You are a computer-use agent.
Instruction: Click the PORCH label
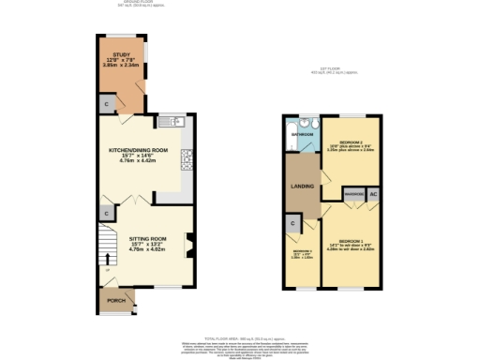116,301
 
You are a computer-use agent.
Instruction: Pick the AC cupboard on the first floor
373,194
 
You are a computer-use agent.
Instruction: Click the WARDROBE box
353,194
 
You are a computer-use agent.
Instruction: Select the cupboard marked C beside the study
107,102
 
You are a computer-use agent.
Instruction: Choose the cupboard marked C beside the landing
292,223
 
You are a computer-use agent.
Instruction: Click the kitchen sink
175,122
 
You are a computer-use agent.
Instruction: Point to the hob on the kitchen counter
187,160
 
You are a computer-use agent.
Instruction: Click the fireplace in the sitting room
187,245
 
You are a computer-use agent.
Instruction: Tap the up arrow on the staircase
105,258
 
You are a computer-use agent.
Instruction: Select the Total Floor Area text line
240,336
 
